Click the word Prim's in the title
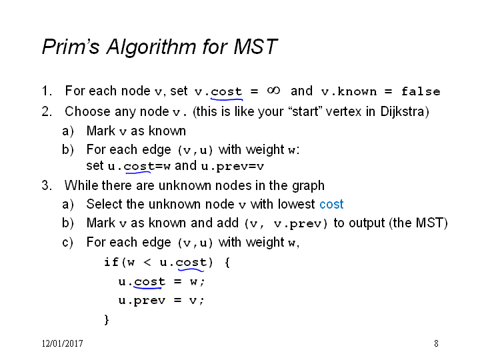coord(71,47)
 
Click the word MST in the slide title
coord(255,47)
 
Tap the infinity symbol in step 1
coord(273,91)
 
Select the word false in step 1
coord(421,91)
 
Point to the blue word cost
coord(331,204)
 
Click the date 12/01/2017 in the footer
coord(63,343)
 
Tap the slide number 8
coord(436,343)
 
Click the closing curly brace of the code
coord(107,319)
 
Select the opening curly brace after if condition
coord(227,263)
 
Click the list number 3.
coord(47,185)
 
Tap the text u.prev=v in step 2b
coord(233,166)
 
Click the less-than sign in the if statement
coord(147,263)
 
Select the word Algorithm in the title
coord(151,47)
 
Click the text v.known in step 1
coord(349,91)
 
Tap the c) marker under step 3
coord(67,243)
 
